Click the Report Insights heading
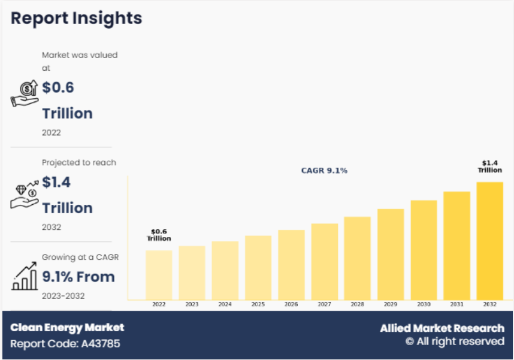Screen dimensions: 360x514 (x=76, y=18)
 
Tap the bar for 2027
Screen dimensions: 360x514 (x=325, y=261)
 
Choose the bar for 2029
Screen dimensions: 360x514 (x=391, y=254)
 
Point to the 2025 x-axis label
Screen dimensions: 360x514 (x=258, y=304)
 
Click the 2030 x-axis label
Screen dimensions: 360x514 (x=424, y=304)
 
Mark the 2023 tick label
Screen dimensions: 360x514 (x=192, y=304)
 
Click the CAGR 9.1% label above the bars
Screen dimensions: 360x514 (x=324, y=171)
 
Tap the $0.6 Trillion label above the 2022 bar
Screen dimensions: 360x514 (x=159, y=235)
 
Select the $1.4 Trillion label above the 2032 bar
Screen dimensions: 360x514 (x=489, y=167)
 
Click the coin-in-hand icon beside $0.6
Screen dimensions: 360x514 (x=25, y=94)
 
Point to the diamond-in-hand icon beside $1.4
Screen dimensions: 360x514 (x=25, y=195)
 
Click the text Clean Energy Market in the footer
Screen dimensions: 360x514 (x=67, y=328)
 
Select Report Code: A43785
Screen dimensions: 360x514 (x=65, y=344)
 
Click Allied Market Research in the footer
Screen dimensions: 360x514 (x=442, y=328)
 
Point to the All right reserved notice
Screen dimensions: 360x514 (x=455, y=341)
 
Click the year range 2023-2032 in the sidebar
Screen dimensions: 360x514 (x=63, y=296)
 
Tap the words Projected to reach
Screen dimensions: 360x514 (x=78, y=162)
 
